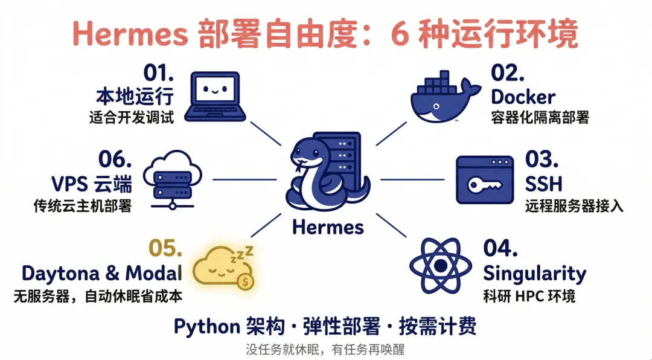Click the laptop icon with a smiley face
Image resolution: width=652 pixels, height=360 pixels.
pyautogui.click(x=215, y=97)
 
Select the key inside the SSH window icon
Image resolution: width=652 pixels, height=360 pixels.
pyautogui.click(x=482, y=182)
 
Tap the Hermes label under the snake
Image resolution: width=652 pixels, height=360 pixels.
pyautogui.click(x=328, y=227)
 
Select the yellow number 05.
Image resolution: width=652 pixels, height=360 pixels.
pyautogui.click(x=165, y=248)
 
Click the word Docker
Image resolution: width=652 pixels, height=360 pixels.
pyautogui.click(x=523, y=97)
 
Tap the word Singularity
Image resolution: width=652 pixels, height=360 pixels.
pyautogui.click(x=534, y=274)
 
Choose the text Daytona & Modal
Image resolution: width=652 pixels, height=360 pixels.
pyautogui.click(x=101, y=273)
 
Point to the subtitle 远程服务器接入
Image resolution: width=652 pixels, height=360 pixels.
pyautogui.click(x=574, y=206)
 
